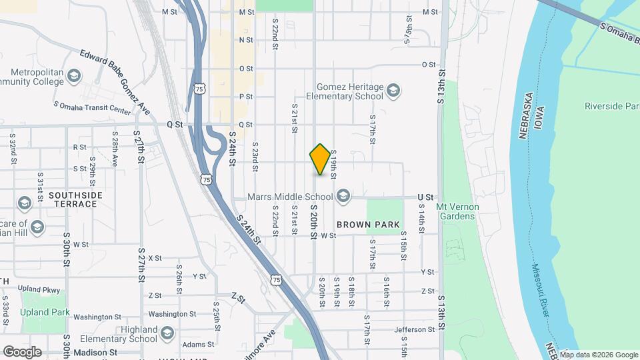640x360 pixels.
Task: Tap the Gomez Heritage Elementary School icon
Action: pyautogui.click(x=393, y=89)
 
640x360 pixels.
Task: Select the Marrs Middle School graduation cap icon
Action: pyautogui.click(x=343, y=195)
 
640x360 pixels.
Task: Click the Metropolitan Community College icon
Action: pyautogui.click(x=73, y=77)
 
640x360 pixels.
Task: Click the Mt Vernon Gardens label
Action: pyautogui.click(x=455, y=211)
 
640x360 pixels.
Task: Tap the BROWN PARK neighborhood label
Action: pyautogui.click(x=368, y=225)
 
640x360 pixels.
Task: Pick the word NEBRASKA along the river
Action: pyautogui.click(x=524, y=115)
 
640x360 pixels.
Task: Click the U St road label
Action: pyautogui.click(x=425, y=197)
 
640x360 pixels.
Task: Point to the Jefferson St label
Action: pyautogui.click(x=414, y=329)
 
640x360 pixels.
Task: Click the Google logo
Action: pyautogui.click(x=22, y=352)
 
